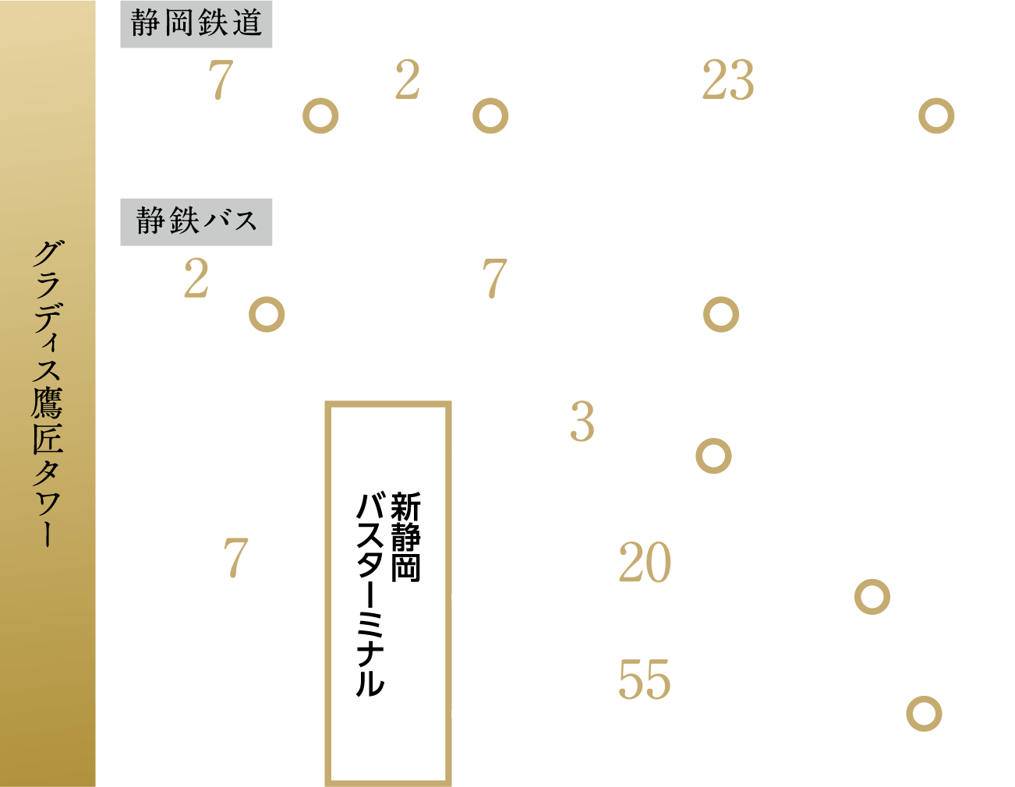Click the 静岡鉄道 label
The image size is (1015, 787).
tap(196, 23)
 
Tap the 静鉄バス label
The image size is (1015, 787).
tap(196, 221)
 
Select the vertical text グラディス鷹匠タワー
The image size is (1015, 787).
tap(48, 393)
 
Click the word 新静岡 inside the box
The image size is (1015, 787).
tap(405, 537)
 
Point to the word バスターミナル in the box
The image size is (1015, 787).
tap(370, 594)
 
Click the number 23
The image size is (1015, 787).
tap(728, 79)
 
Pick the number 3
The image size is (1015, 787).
tap(582, 422)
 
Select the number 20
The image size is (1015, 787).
tap(645, 562)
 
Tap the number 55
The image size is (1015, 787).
tap(645, 679)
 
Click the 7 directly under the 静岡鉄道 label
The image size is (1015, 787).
tap(221, 80)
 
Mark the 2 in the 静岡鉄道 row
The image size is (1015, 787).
tap(407, 79)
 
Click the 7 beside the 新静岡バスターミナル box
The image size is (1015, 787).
tap(235, 558)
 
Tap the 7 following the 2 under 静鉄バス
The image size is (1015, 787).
tap(495, 279)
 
